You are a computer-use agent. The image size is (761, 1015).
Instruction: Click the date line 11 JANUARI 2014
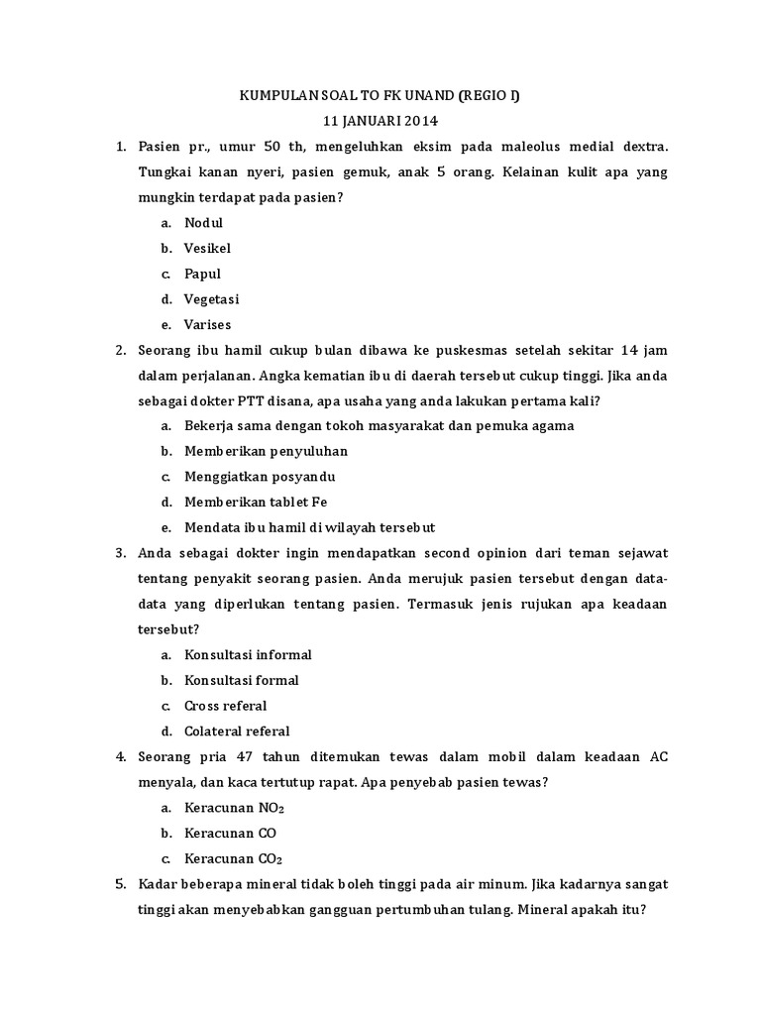coord(380,121)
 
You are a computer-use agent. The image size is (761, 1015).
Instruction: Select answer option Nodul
coord(203,223)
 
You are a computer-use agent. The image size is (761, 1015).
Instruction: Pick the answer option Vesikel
coord(207,249)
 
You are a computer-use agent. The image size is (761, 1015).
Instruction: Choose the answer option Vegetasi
coord(211,299)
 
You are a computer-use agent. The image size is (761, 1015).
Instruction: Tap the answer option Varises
coord(207,325)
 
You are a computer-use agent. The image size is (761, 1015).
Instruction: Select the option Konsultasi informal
coord(248,655)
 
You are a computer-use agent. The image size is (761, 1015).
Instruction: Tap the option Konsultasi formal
coord(241,681)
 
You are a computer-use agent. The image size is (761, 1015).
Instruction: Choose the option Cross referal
coord(225,707)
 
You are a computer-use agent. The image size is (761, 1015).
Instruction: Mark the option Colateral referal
coord(237,732)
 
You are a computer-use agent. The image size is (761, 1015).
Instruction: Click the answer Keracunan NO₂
coord(234,808)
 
